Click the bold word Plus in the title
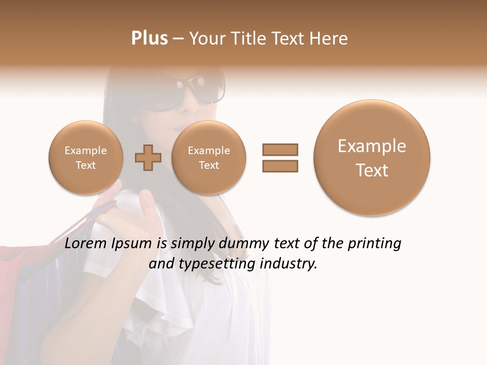pos(149,39)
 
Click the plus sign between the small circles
pos(148,158)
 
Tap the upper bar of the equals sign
pos(280,150)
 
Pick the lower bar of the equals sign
pos(280,166)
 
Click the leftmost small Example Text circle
pos(86,158)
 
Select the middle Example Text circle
pos(208,158)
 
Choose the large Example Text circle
pos(372,158)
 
